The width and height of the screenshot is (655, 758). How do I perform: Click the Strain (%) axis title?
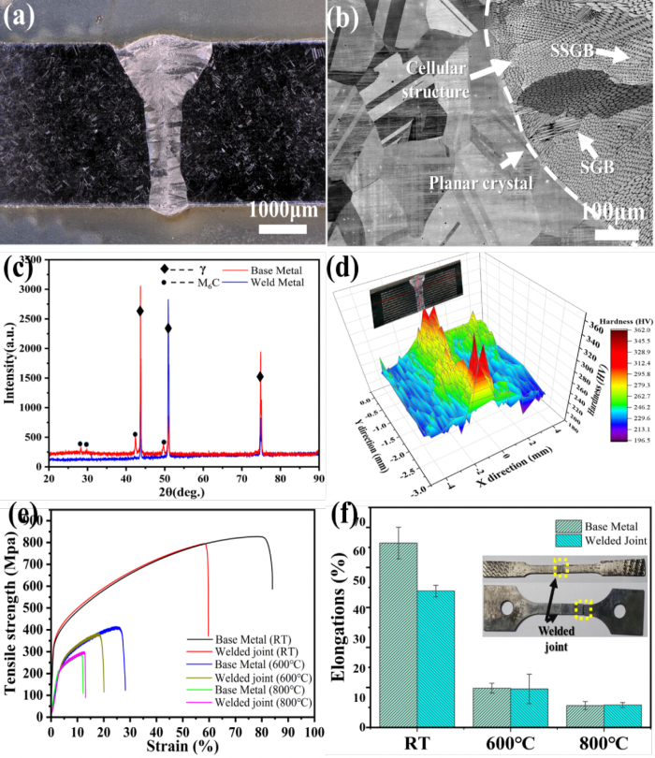tap(183, 746)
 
